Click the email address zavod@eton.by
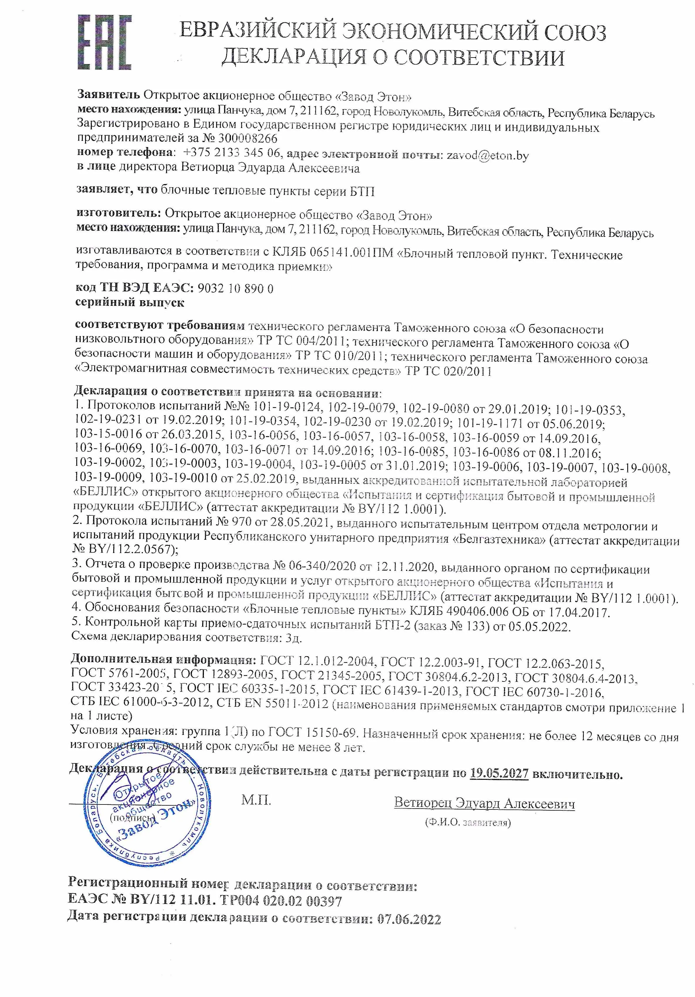coord(488,155)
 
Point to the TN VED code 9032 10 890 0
coord(235,288)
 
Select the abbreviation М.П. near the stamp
coord(256,800)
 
